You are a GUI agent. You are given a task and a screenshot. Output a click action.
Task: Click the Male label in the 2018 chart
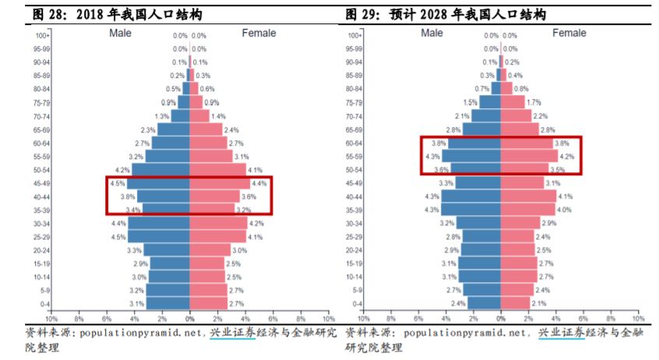coord(121,34)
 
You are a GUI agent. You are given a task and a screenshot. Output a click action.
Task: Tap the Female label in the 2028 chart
coord(569,34)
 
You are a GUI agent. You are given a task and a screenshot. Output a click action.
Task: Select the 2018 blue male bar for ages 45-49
coord(160,184)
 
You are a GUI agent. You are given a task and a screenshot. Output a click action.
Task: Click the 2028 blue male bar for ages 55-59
coord(471,157)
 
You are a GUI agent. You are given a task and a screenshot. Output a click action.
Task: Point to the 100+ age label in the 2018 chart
coord(43,36)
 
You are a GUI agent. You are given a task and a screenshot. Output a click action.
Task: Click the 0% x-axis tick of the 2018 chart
coord(190,319)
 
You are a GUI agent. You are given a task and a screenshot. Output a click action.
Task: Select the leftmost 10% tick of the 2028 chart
coord(362,319)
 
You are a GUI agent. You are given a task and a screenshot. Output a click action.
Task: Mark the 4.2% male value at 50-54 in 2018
coord(122,170)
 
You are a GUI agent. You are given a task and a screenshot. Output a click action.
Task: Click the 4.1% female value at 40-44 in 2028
coord(566,196)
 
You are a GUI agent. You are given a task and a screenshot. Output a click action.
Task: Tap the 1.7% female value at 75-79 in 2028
coord(534,103)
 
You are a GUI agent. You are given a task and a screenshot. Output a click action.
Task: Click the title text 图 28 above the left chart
coord(41,15)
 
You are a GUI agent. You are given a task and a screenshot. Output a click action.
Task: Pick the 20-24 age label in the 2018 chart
coord(43,250)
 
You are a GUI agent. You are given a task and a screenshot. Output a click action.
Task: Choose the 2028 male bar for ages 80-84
coord(495,89)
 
